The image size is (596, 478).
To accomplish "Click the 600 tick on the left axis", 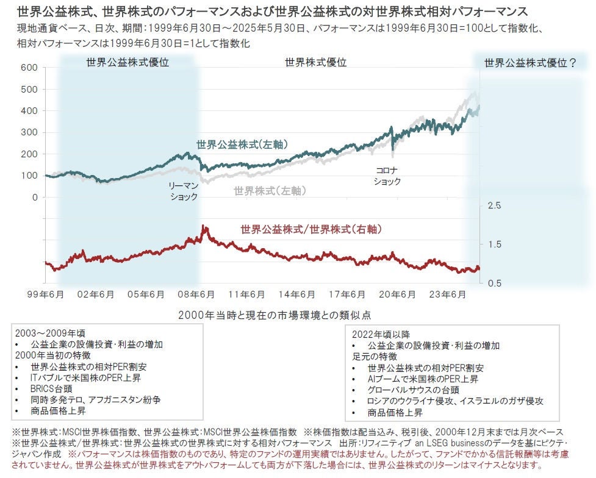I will click(29, 67).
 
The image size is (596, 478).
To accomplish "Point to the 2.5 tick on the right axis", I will click(495, 205).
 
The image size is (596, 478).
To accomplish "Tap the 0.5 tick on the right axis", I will click(495, 284).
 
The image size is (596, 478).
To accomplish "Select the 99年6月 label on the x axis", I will click(46, 294).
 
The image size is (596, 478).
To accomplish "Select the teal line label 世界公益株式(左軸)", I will click(242, 144).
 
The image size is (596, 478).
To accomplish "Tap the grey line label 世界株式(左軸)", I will click(270, 191).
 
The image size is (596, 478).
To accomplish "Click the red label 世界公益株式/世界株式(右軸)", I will click(311, 230).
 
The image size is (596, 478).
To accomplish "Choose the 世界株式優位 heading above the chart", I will click(315, 62).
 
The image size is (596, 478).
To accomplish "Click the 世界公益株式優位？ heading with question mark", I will click(530, 62).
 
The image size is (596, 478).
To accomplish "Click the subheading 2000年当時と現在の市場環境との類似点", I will click(275, 315).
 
